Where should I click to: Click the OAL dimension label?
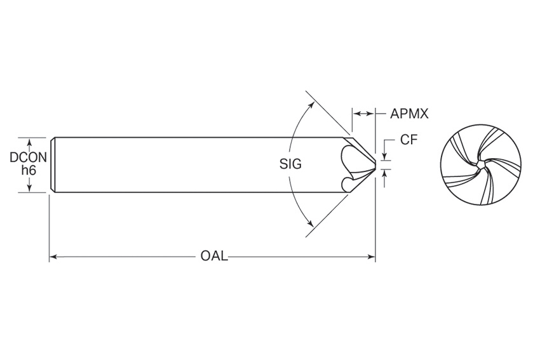click(x=213, y=257)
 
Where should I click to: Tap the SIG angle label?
click(x=290, y=163)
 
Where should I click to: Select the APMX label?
click(x=410, y=114)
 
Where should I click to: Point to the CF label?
click(x=408, y=140)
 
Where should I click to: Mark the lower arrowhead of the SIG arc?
click(x=310, y=223)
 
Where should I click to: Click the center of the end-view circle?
click(x=481, y=165)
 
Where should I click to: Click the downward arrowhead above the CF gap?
click(x=383, y=156)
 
